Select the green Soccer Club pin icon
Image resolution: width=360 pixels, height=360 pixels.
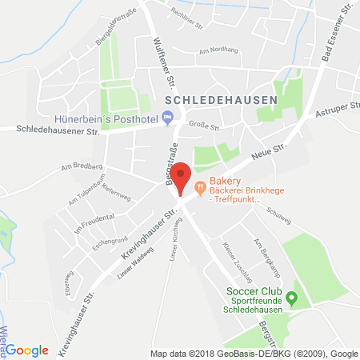[x=292, y=299]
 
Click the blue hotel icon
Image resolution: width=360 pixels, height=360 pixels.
[x=166, y=119]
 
